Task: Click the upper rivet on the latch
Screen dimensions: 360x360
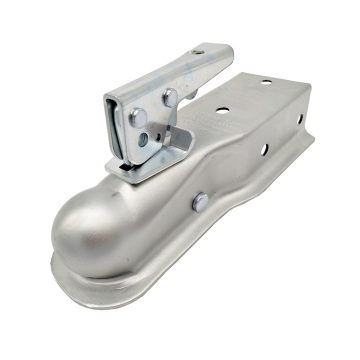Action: [x=169, y=97]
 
